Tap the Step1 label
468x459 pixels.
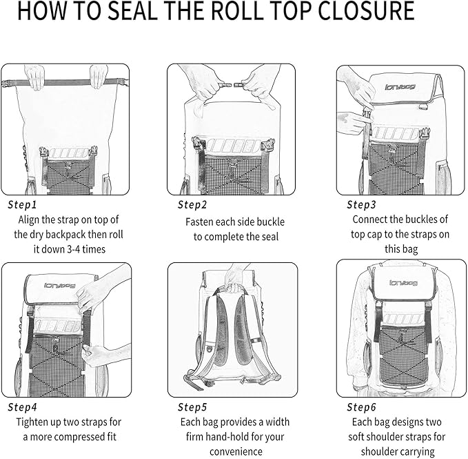tap(23, 205)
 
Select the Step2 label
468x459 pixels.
tap(192, 205)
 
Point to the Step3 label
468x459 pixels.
tap(361, 205)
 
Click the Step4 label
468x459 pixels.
tap(23, 407)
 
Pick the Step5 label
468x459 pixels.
tap(192, 407)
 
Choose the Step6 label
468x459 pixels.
tap(361, 407)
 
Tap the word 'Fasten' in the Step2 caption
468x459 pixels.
tap(201, 222)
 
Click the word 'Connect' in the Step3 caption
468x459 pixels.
tap(372, 219)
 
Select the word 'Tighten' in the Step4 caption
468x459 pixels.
tap(35, 422)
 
